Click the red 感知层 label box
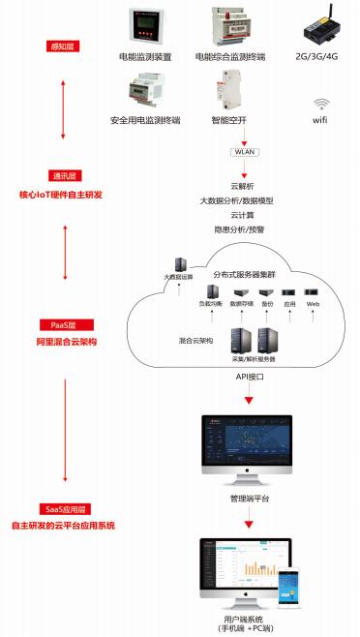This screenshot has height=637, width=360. [x=64, y=45]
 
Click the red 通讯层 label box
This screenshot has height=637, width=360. [x=64, y=176]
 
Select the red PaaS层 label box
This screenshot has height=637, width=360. [x=64, y=325]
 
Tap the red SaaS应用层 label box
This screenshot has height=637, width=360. [x=64, y=508]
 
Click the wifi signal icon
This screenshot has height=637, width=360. [x=320, y=105]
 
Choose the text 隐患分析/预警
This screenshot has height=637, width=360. [x=242, y=229]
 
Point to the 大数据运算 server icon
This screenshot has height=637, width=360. [x=179, y=263]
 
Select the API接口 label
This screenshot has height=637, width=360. [x=250, y=376]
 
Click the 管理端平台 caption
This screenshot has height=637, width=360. [x=250, y=499]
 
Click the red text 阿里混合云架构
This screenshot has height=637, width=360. [x=63, y=342]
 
